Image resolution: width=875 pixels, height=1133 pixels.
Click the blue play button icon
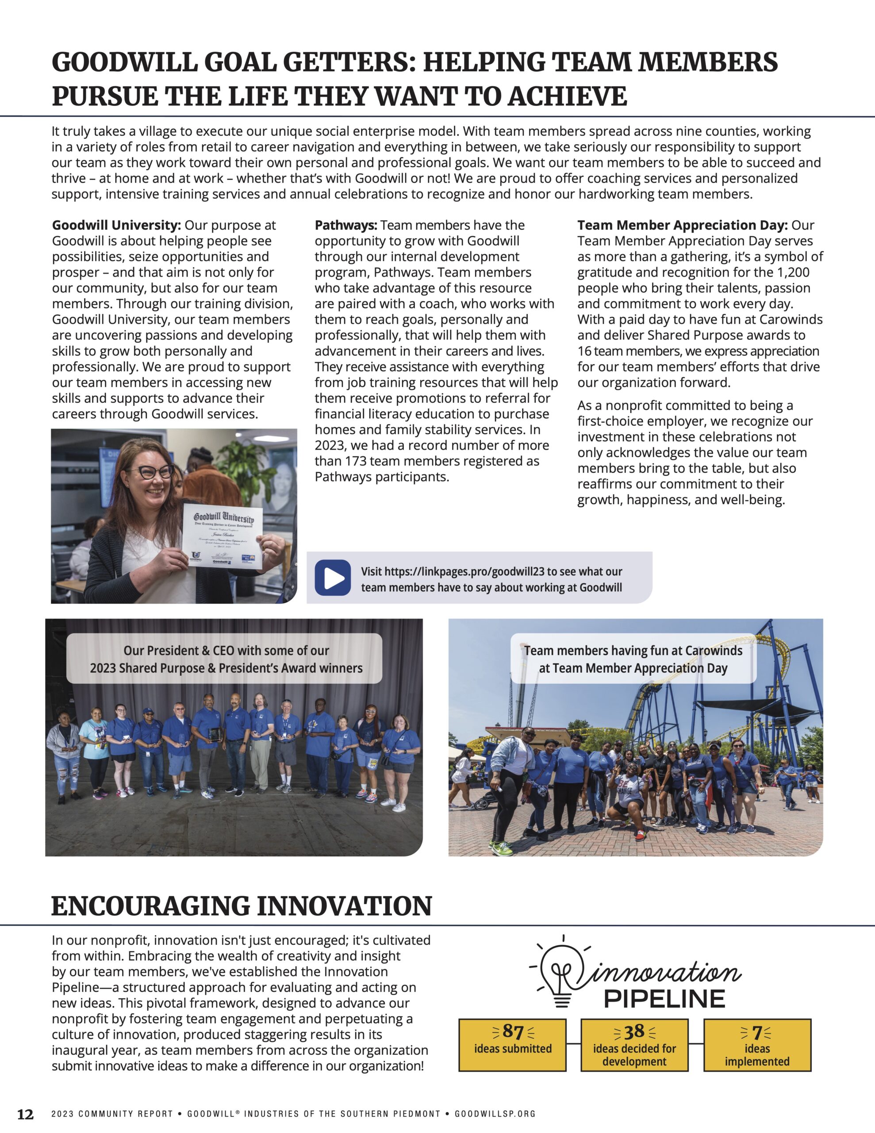(333, 578)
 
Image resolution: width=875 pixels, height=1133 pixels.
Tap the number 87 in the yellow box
(512, 1031)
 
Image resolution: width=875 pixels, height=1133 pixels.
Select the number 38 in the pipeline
(634, 1031)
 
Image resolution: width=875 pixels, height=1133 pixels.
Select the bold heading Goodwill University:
(116, 225)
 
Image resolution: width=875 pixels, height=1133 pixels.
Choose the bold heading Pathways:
(346, 225)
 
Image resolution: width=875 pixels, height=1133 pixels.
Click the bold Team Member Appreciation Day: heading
(682, 225)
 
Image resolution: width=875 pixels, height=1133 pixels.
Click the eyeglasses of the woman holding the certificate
(156, 471)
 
